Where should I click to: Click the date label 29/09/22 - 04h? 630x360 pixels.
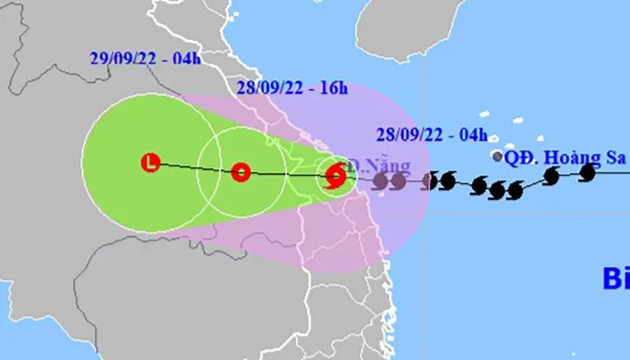point(144,58)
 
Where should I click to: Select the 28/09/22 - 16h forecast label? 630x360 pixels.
point(292,87)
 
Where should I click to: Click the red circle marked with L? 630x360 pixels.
point(150,163)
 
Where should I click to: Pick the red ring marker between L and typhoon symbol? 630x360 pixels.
point(241,172)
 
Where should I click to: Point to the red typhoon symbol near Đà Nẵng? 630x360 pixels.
point(335,174)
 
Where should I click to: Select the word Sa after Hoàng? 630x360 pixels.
point(614,158)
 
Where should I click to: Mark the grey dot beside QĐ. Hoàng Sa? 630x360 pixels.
point(497,157)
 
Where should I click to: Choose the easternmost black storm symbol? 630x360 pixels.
point(587,172)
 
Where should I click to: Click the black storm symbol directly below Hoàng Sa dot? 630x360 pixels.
point(497,190)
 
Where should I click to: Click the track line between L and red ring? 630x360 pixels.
point(195,168)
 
